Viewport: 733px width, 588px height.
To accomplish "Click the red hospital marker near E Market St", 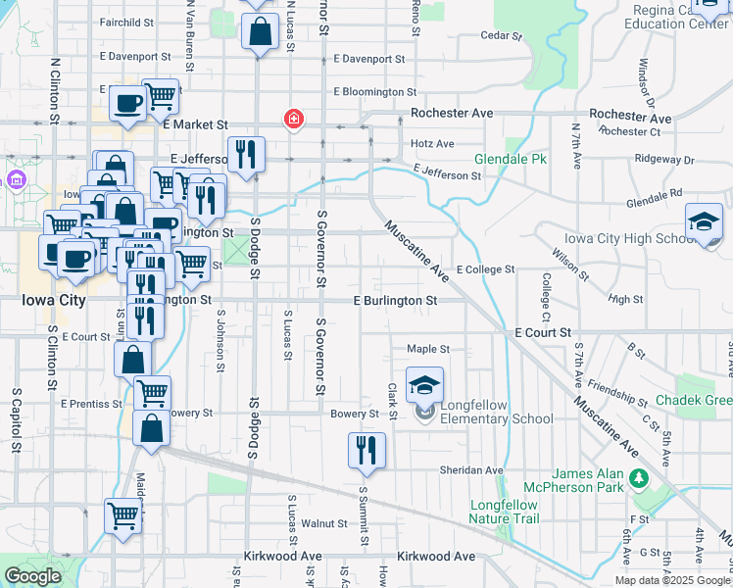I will click(292, 120).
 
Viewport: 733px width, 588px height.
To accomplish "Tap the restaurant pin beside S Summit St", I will click(366, 450).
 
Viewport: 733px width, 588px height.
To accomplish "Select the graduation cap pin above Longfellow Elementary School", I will click(425, 384).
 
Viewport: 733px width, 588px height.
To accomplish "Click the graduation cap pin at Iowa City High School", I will click(704, 220).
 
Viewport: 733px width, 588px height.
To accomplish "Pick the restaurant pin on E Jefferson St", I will click(246, 154).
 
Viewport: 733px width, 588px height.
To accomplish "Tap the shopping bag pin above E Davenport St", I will click(258, 31).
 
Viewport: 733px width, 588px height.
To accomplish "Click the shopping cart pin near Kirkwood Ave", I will click(123, 515).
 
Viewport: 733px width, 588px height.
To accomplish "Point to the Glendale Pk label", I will click(511, 159).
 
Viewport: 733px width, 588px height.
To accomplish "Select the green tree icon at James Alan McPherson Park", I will click(640, 477).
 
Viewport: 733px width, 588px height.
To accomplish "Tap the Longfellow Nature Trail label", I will click(504, 512).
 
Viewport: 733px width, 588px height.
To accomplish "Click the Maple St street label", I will click(428, 349).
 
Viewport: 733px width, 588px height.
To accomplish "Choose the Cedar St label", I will click(498, 36).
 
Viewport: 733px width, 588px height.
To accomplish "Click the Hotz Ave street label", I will click(432, 143).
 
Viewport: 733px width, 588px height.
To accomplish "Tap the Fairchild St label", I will click(127, 21).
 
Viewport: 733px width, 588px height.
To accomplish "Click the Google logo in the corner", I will click(32, 576).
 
